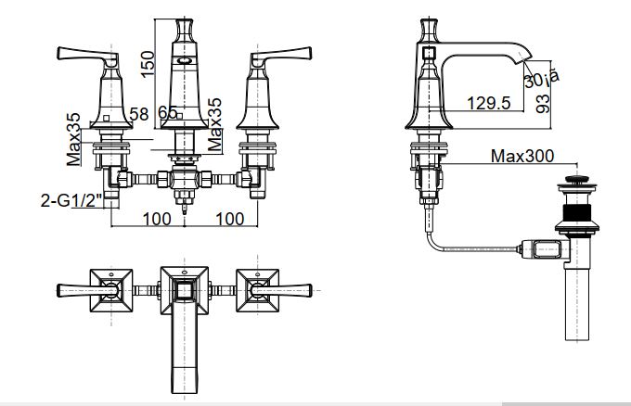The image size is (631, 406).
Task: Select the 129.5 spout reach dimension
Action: pyautogui.click(x=490, y=104)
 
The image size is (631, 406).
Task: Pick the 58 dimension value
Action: pyautogui.click(x=139, y=113)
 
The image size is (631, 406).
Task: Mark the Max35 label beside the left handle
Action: pyautogui.click(x=74, y=139)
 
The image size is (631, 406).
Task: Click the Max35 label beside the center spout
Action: pyautogui.click(x=216, y=125)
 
